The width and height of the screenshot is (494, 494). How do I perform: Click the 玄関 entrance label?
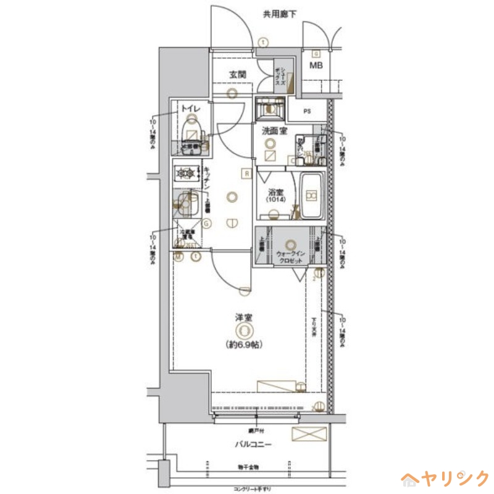tap(238, 75)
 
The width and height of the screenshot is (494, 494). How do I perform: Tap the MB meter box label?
tap(316, 66)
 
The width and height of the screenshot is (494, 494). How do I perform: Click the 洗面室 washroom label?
tap(274, 131)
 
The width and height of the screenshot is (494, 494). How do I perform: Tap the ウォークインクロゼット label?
tap(290, 257)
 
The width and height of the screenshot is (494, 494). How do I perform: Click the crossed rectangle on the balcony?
tap(308, 434)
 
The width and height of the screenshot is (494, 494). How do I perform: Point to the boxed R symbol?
tap(246, 174)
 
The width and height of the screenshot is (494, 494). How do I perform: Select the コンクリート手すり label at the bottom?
tap(252, 489)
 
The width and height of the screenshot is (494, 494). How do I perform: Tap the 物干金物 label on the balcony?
tap(247, 467)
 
